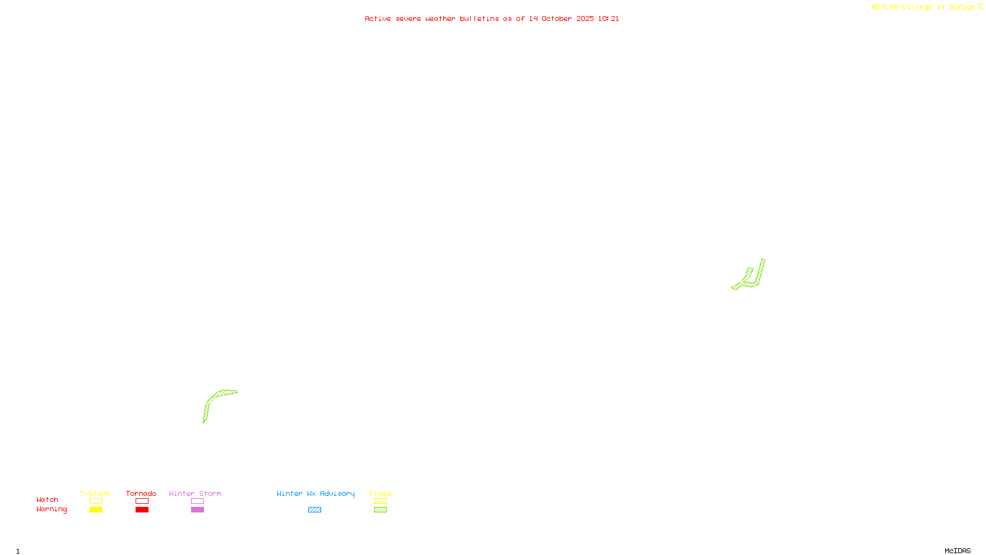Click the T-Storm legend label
(x=95, y=493)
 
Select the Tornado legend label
(x=141, y=493)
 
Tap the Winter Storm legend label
(x=195, y=493)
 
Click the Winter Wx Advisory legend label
(x=316, y=493)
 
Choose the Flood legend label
(x=380, y=493)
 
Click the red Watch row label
(x=47, y=499)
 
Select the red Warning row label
(x=51, y=509)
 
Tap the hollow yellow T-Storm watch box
(x=96, y=501)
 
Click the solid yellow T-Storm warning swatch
(x=96, y=510)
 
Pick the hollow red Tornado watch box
(x=142, y=501)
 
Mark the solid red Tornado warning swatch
(x=142, y=510)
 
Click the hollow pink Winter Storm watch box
(x=197, y=501)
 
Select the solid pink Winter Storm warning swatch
(x=197, y=510)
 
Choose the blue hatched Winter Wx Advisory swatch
(x=314, y=510)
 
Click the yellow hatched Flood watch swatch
(x=380, y=501)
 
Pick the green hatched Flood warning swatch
(x=380, y=510)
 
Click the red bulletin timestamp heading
(x=492, y=18)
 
